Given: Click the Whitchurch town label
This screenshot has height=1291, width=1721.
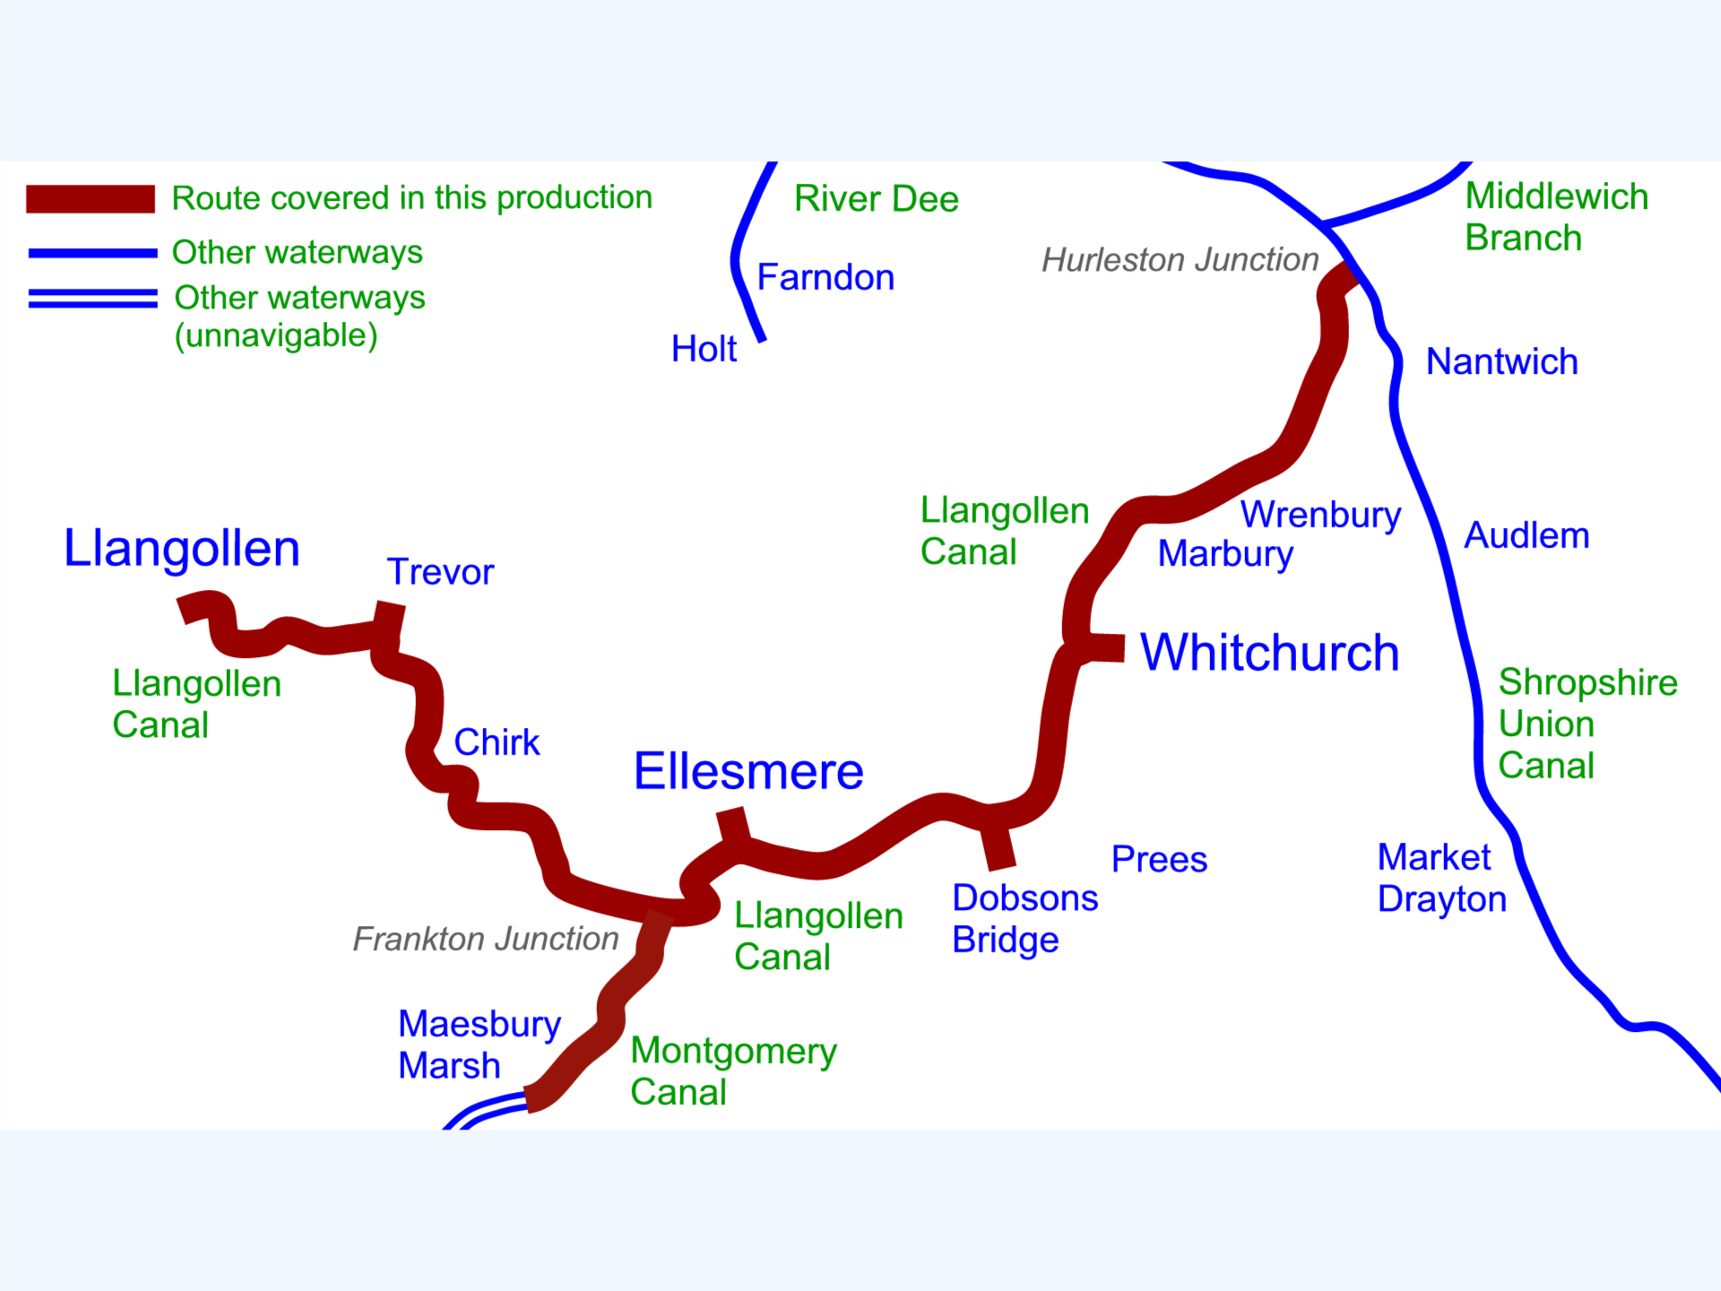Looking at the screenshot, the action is click(1269, 652).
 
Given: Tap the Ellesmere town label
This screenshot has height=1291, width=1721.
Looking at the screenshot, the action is click(748, 771).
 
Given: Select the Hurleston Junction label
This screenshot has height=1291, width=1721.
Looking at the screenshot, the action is click(1180, 260).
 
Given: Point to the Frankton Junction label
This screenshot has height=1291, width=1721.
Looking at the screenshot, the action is click(486, 939).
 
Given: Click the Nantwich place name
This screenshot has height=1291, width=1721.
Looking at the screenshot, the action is click(1501, 361).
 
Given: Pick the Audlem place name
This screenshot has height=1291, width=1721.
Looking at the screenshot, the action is click(1526, 535).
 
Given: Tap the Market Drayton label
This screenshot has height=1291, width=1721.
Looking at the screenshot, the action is click(1442, 878).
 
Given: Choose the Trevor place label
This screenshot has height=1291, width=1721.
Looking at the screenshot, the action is click(440, 572).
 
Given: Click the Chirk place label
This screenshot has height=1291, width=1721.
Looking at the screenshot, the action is click(497, 742).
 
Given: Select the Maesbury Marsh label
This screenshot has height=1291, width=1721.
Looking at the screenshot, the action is click(480, 1044).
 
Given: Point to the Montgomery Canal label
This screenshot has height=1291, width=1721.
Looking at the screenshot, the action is click(733, 1071).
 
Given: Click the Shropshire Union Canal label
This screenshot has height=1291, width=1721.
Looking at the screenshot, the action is click(1587, 723).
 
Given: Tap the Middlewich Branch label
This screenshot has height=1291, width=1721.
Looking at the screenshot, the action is click(1557, 217).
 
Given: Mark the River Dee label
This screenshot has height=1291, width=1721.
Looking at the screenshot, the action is click(876, 198).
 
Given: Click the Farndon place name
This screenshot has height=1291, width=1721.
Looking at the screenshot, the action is click(826, 278).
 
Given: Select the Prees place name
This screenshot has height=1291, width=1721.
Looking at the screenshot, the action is click(1159, 859).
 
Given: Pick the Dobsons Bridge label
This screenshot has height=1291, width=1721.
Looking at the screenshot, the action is click(1025, 918).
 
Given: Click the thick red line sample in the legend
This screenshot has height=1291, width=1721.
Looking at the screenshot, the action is click(91, 198).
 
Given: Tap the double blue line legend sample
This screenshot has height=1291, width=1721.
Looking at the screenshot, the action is click(93, 299).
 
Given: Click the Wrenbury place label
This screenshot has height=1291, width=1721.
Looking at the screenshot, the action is click(1320, 516).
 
